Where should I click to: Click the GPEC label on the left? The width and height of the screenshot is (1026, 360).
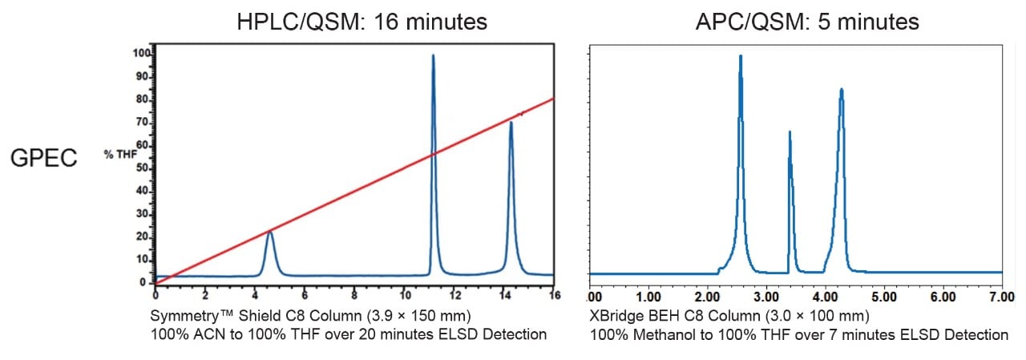point(43,158)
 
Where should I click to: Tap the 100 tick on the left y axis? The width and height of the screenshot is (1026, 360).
point(142,54)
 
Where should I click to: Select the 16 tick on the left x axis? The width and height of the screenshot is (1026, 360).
point(552,294)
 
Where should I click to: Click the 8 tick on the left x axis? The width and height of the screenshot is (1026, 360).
point(354,294)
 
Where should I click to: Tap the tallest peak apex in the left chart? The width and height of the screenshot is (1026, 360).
point(433,56)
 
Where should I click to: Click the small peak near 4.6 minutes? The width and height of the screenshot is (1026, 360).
point(270,233)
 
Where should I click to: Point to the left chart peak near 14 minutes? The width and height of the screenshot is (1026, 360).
point(511,123)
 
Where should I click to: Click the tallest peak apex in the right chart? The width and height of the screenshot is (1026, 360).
point(740,56)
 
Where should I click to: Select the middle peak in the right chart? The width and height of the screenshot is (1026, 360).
point(790,132)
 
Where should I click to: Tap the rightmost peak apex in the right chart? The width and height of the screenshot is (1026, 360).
point(841,89)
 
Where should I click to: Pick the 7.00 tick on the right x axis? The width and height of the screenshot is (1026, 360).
point(1002,297)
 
